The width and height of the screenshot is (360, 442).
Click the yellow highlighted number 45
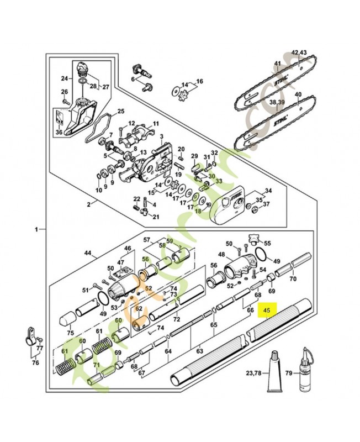(267, 311)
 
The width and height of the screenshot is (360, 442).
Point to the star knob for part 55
(253, 239)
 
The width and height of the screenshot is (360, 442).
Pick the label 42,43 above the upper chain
(299, 52)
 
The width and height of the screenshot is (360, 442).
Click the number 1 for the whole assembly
(36, 228)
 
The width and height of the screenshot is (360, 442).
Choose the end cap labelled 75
(66, 320)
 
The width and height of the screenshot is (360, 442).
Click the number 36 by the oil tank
(59, 132)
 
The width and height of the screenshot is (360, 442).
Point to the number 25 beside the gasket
(121, 111)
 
